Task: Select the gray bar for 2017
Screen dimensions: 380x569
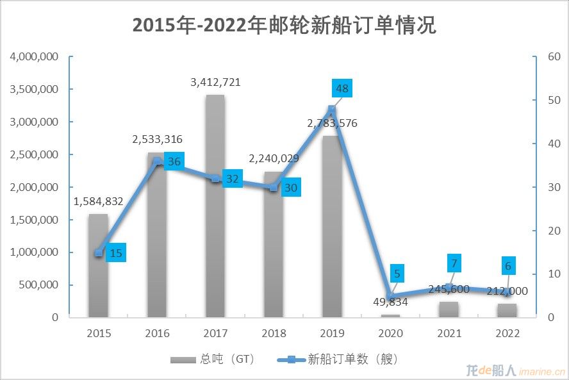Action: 215,205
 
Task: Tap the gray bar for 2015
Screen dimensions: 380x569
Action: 98,265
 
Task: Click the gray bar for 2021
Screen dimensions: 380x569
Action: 449,309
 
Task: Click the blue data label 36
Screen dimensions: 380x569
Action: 174,161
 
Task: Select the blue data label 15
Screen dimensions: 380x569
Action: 115,253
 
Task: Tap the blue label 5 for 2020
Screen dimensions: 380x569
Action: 397,274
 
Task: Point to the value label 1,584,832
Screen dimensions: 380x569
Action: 98,201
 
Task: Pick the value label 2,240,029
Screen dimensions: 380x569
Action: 274,159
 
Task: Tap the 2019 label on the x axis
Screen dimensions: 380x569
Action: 332,333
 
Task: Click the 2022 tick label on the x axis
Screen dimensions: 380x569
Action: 507,333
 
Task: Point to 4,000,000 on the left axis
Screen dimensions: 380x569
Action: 35,56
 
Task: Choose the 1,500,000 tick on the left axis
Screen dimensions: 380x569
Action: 35,220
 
